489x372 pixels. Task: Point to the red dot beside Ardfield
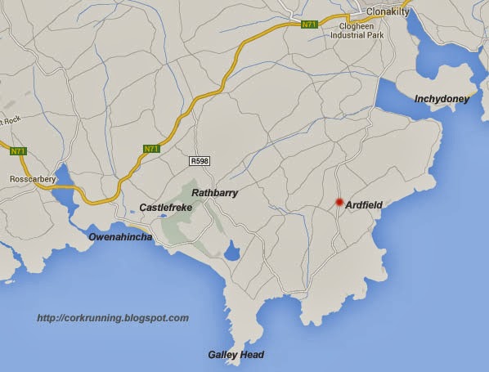click(x=339, y=203)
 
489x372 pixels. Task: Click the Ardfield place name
click(x=364, y=204)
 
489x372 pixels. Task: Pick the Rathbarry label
click(x=214, y=192)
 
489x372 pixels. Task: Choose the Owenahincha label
click(x=119, y=237)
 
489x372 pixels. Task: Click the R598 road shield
click(x=199, y=160)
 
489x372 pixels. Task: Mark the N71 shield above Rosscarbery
click(x=18, y=150)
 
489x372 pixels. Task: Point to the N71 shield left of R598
click(x=151, y=148)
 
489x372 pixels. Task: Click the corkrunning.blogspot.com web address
click(x=113, y=318)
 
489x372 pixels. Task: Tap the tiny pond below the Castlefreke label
click(x=163, y=217)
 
